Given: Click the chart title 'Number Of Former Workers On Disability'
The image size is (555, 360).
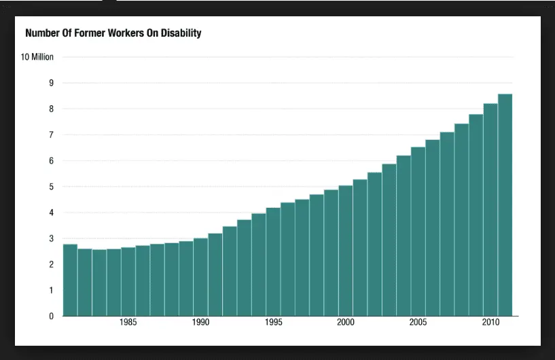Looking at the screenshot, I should click(113, 33).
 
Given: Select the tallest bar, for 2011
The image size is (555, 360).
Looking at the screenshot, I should click(505, 204).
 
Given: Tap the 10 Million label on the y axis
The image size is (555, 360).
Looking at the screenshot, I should click(37, 57).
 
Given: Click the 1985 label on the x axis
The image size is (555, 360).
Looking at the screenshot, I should click(128, 323).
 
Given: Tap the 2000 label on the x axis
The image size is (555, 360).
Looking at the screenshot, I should click(345, 323).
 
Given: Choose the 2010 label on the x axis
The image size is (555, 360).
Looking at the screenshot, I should click(490, 323).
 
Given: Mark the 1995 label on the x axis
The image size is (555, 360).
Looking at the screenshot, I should click(273, 323).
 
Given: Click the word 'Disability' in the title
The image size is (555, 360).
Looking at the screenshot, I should click(180, 33).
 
